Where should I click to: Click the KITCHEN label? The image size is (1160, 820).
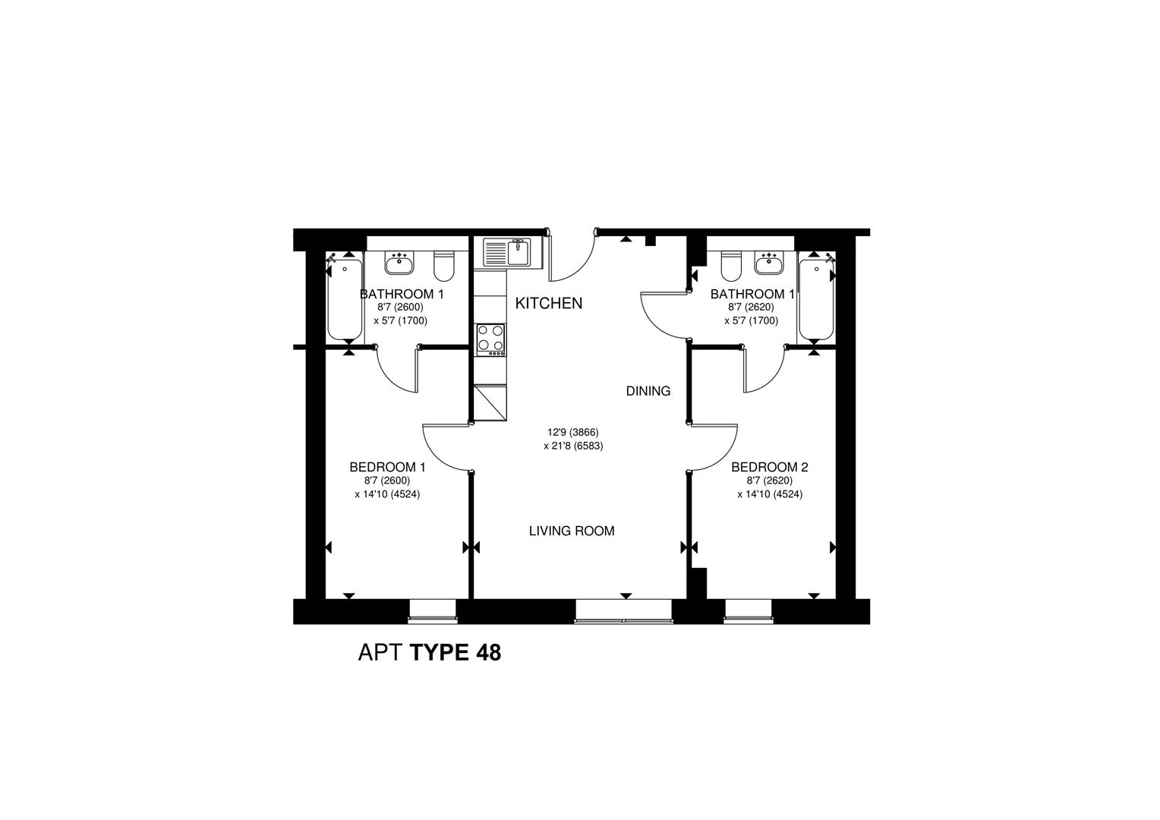549,303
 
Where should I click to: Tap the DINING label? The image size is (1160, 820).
648,391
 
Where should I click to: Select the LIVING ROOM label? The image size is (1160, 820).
572,531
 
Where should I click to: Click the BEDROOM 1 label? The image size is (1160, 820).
387,467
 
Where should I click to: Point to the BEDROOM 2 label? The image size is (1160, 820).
769,467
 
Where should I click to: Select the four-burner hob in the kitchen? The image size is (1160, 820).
490,339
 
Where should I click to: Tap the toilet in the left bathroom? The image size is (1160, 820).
443,266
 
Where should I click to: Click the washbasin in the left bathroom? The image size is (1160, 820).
399,263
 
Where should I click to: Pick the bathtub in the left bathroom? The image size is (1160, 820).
345,299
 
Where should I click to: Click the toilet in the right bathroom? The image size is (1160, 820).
730,266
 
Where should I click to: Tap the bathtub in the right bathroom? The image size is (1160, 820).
816,299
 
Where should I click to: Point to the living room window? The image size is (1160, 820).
623,611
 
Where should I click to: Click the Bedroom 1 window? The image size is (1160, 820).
433,611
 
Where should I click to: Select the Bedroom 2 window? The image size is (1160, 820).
747,611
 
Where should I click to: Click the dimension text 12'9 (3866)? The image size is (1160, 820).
572,432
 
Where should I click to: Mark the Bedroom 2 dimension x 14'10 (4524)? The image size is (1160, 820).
770,494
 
